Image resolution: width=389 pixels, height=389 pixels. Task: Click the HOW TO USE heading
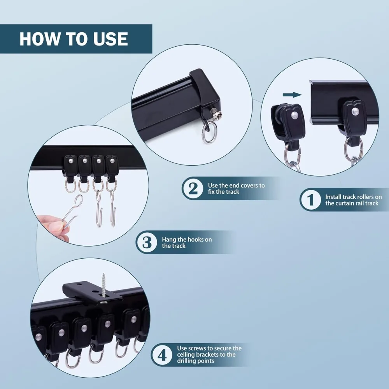[x=74, y=39]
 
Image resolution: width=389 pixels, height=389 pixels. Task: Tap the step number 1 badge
[x=310, y=200]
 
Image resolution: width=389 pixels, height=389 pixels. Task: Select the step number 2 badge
[x=193, y=189]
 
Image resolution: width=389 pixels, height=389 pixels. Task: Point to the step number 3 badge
[x=147, y=242]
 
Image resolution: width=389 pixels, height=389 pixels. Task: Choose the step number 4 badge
[x=162, y=355]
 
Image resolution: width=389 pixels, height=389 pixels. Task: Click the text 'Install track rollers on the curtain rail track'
[x=353, y=200]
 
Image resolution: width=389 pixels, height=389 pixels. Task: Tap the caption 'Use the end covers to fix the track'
[x=236, y=189]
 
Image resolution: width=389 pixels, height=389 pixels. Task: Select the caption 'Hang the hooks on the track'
[x=187, y=243]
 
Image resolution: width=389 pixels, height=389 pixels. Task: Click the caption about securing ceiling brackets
[x=209, y=354]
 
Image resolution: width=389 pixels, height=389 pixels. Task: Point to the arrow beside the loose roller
[x=292, y=95]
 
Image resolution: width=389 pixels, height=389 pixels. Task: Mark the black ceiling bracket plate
[x=92, y=291]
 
